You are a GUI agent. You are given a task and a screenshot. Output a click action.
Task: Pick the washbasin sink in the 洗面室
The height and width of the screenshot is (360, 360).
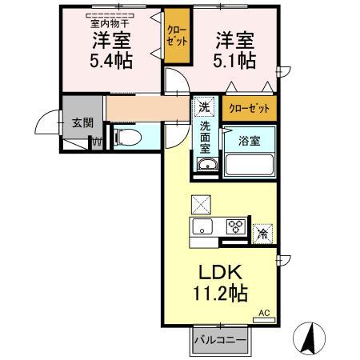click(x=206, y=165)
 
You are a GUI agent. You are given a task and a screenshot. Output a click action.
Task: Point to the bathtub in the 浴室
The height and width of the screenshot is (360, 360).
click(x=250, y=163)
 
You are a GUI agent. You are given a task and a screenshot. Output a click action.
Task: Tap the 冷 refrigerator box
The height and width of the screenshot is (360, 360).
click(x=262, y=234)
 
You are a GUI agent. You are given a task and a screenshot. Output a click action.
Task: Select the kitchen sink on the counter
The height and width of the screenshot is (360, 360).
click(x=202, y=226)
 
